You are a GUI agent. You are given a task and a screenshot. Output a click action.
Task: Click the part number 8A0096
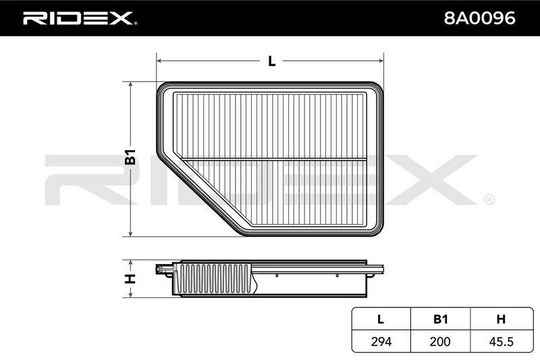click(479, 18)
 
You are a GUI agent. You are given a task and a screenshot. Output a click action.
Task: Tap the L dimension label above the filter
click(272, 61)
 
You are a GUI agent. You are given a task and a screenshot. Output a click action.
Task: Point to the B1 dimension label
click(130, 157)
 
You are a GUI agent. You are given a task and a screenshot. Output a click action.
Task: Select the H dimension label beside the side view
click(130, 279)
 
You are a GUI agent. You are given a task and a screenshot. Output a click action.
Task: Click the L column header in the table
click(381, 319)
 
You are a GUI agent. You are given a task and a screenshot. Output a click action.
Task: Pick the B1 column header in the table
click(441, 319)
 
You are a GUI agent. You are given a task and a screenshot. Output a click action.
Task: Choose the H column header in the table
click(501, 319)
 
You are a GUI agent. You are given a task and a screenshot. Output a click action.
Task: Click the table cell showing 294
click(381, 341)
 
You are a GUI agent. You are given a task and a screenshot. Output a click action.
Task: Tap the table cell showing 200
click(440, 341)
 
